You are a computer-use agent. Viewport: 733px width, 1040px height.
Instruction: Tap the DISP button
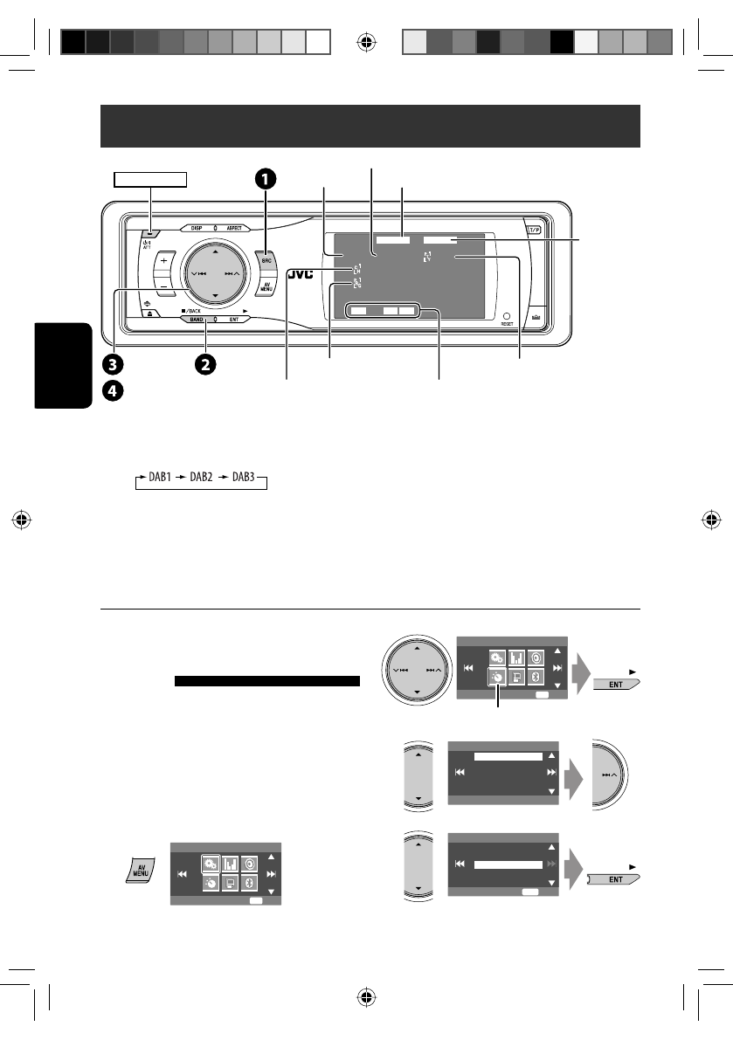[x=193, y=228]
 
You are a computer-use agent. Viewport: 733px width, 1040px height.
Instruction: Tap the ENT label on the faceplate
[x=234, y=320]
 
